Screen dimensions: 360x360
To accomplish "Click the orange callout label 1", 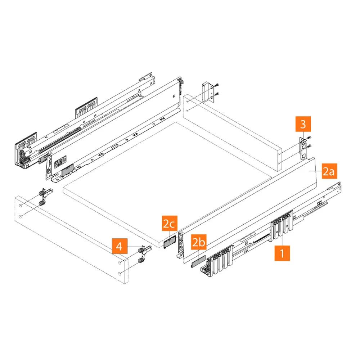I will [x=282, y=253].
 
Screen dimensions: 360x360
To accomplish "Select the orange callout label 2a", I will [x=329, y=172].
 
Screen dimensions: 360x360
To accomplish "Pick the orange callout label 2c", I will [x=168, y=225].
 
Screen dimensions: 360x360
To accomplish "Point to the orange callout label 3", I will [x=303, y=125].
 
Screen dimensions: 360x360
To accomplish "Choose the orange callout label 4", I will [x=120, y=247].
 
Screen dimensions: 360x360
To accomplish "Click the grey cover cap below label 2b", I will [x=198, y=261].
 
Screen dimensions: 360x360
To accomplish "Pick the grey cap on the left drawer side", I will [x=67, y=170].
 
